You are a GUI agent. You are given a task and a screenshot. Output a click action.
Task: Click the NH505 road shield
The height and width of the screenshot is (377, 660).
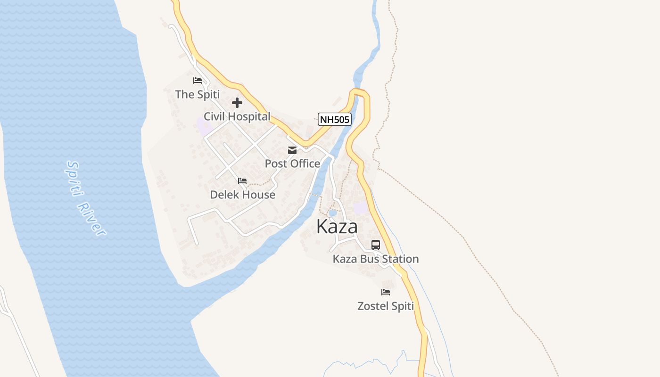pyautogui.click(x=335, y=120)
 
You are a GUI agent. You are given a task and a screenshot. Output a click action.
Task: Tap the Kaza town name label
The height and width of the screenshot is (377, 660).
pyautogui.click(x=337, y=227)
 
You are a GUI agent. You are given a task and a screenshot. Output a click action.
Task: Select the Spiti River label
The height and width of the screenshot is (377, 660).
pyautogui.click(x=86, y=198)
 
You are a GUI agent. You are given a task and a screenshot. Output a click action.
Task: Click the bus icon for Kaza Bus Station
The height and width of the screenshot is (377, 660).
pyautogui.click(x=376, y=245)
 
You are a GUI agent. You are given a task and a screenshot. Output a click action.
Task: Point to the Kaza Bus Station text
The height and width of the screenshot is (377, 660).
pyautogui.click(x=376, y=259)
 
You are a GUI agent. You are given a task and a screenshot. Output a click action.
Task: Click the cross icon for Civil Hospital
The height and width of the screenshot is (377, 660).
pyautogui.click(x=237, y=103)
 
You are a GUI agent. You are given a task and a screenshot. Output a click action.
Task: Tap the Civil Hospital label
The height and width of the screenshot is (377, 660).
pyautogui.click(x=237, y=116)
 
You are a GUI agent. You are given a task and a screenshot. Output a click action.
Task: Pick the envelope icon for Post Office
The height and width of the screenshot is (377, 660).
pyautogui.click(x=292, y=150)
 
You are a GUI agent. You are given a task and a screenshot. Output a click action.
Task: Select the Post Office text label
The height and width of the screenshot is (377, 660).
pyautogui.click(x=292, y=164)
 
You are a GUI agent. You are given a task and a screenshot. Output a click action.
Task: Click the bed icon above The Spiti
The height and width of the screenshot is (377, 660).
pyautogui.click(x=198, y=81)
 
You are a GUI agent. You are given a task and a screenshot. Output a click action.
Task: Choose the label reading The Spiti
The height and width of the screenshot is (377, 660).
pyautogui.click(x=198, y=94)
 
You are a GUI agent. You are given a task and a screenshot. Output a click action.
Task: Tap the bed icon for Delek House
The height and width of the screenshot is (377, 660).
pyautogui.click(x=242, y=181)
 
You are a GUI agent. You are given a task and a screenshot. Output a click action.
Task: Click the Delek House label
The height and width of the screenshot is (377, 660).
pyautogui.click(x=242, y=195)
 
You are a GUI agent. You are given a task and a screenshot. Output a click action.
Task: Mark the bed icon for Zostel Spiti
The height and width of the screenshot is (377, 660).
pyautogui.click(x=386, y=292)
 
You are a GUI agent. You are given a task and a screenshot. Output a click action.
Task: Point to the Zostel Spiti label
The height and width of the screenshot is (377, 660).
pyautogui.click(x=386, y=306)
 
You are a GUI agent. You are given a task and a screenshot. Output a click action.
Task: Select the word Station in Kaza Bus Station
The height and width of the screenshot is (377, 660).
pyautogui.click(x=400, y=259)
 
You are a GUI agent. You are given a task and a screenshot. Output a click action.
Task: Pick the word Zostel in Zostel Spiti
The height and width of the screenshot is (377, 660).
pyautogui.click(x=373, y=306)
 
